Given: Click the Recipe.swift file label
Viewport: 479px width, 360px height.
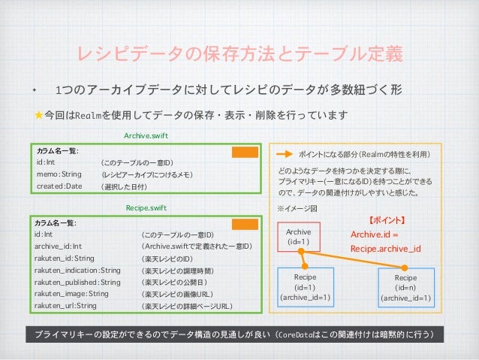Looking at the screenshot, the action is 145,207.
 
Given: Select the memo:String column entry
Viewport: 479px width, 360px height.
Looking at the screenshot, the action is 59,174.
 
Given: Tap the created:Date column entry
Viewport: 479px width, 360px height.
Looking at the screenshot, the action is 59,186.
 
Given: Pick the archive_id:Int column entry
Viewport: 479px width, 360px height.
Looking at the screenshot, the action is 58,246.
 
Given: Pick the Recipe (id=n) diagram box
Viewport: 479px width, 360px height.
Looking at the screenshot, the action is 405,288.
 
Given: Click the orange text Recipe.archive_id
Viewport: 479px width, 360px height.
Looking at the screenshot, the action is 385,248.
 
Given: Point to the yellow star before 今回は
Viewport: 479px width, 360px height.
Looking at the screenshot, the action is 38,115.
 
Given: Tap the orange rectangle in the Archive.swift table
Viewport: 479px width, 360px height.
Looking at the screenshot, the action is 244,152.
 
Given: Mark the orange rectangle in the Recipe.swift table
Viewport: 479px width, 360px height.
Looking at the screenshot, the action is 244,224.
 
